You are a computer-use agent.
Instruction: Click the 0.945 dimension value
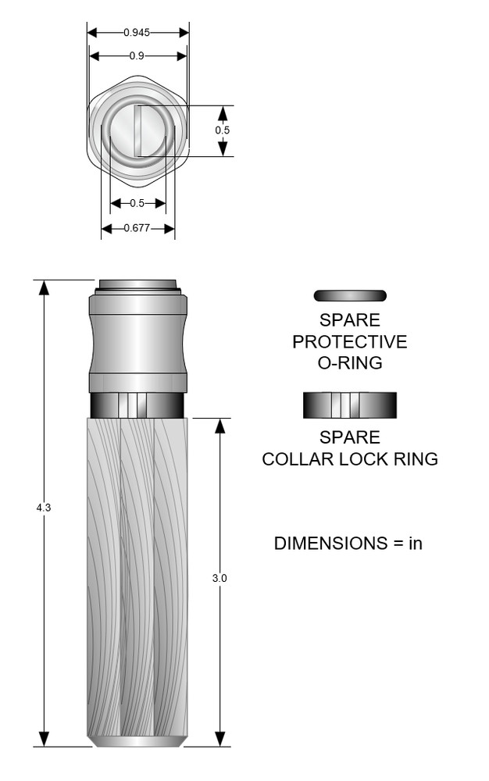(x=137, y=33)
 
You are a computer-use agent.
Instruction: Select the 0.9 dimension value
(x=137, y=56)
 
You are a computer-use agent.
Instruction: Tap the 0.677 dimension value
(x=137, y=229)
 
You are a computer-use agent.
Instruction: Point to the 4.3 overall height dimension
(x=44, y=508)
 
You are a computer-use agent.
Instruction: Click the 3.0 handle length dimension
(x=220, y=579)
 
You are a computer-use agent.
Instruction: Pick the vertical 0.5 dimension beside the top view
(x=223, y=130)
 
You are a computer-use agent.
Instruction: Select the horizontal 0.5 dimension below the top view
(x=137, y=204)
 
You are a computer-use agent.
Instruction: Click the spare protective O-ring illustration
(x=350, y=296)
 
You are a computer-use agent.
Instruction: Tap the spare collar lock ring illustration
(x=350, y=405)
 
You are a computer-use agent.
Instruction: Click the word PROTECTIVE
(x=350, y=342)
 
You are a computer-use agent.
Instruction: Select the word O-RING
(x=350, y=363)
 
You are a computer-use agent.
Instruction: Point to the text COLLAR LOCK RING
(x=350, y=459)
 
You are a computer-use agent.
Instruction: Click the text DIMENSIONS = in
(x=348, y=544)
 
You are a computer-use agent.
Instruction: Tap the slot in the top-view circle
(x=137, y=130)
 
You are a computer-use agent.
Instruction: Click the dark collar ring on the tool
(x=137, y=405)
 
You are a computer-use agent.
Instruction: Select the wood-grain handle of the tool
(x=137, y=578)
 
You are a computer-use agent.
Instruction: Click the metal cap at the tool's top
(x=137, y=284)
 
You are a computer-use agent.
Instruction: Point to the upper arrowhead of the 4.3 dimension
(x=44, y=287)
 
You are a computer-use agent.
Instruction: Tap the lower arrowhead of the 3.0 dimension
(x=220, y=739)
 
